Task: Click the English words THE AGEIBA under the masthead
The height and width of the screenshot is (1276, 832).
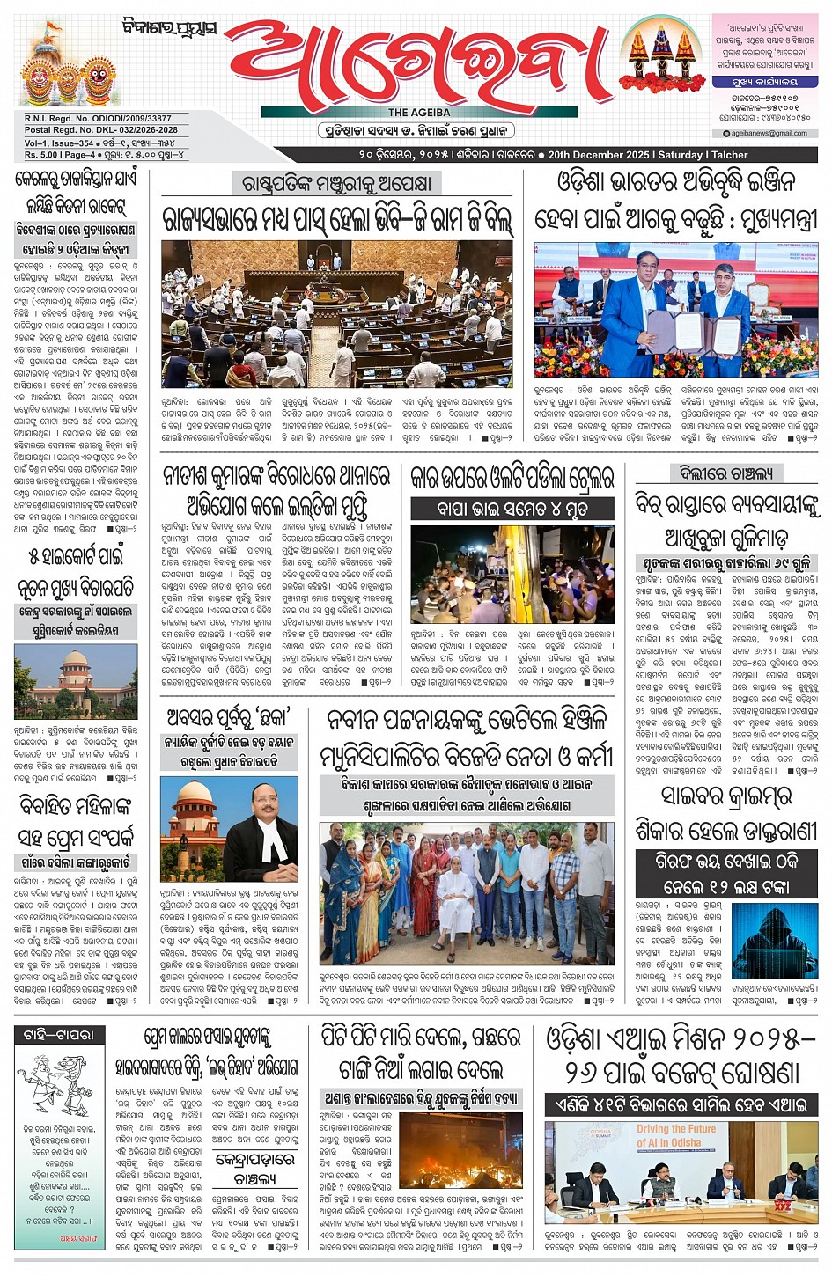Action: [419, 113]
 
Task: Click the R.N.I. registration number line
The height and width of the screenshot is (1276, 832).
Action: [99, 118]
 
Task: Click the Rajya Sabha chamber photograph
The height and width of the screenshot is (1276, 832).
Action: [336, 314]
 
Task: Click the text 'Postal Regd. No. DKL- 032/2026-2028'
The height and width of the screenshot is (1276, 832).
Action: [101, 130]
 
